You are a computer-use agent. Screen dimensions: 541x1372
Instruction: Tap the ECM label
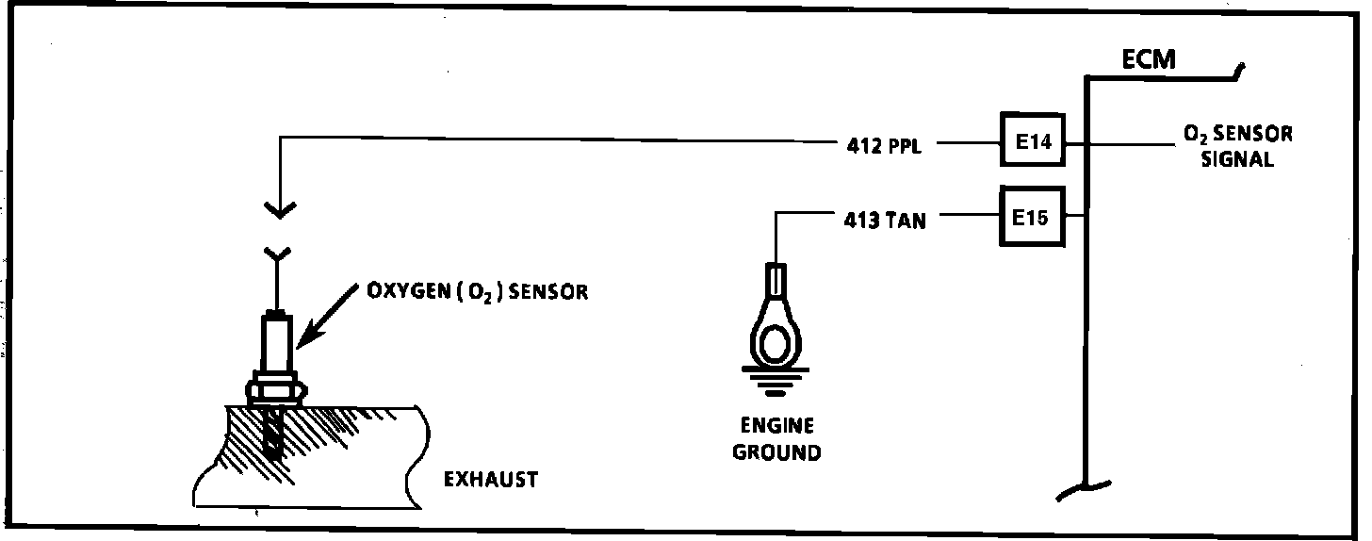click(1149, 60)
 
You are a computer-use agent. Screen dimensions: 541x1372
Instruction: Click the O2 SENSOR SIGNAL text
click(1237, 146)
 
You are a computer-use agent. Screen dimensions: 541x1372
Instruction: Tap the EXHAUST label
click(490, 480)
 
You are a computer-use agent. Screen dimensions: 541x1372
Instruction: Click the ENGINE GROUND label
click(776, 439)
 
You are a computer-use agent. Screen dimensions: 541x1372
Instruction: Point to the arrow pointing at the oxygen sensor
click(323, 320)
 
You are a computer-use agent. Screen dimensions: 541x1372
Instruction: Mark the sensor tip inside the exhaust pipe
click(273, 435)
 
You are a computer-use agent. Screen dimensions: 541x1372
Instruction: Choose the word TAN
click(906, 221)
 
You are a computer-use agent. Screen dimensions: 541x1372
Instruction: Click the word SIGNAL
click(1237, 158)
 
